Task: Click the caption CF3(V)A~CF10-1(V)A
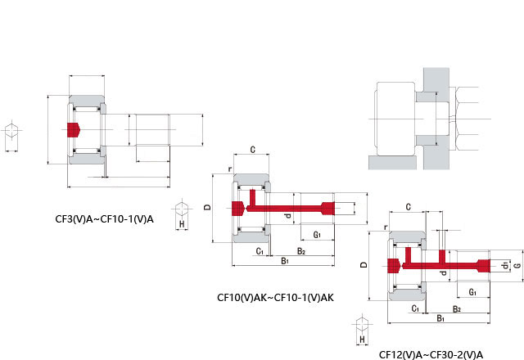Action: [104, 219]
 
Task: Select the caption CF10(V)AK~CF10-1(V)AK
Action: [275, 297]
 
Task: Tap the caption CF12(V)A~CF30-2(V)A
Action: [431, 354]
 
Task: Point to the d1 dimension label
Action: [506, 265]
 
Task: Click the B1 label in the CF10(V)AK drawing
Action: [285, 261]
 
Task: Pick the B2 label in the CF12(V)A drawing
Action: [457, 309]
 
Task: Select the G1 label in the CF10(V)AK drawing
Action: [317, 235]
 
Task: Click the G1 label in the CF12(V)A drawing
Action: [472, 292]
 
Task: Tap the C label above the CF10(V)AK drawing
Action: [253, 150]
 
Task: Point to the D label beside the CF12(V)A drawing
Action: [364, 265]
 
